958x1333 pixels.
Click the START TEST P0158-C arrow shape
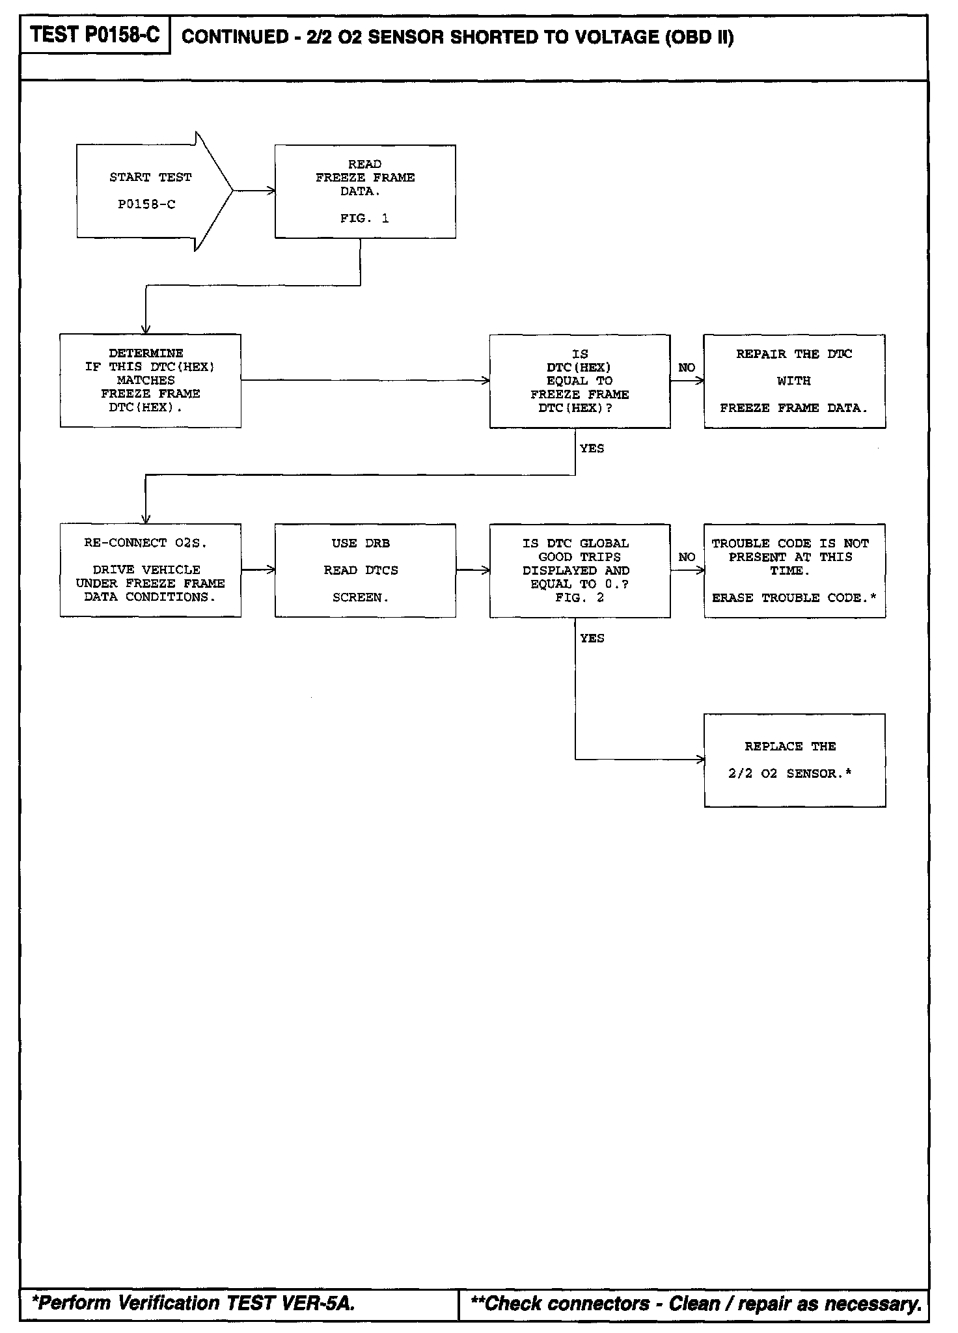(150, 191)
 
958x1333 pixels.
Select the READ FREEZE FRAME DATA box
(365, 191)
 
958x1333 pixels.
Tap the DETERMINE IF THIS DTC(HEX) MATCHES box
(150, 381)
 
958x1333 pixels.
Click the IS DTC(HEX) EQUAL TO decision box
(580, 381)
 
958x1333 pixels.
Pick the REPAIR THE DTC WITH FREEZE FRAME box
(794, 381)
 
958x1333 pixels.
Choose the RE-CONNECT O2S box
(150, 570)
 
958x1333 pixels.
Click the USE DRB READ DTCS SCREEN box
(365, 570)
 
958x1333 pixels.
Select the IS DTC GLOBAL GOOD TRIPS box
(580, 570)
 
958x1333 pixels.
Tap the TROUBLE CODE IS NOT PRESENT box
(794, 570)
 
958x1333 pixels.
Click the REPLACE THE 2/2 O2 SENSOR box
(794, 760)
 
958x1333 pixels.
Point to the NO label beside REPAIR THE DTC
(687, 368)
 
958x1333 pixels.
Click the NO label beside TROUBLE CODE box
(687, 557)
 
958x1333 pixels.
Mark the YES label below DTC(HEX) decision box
(592, 448)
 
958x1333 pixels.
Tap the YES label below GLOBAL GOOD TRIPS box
(592, 639)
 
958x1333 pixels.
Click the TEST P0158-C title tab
(95, 35)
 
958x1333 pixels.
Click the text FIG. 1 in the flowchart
(364, 219)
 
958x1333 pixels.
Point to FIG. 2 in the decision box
(579, 598)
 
